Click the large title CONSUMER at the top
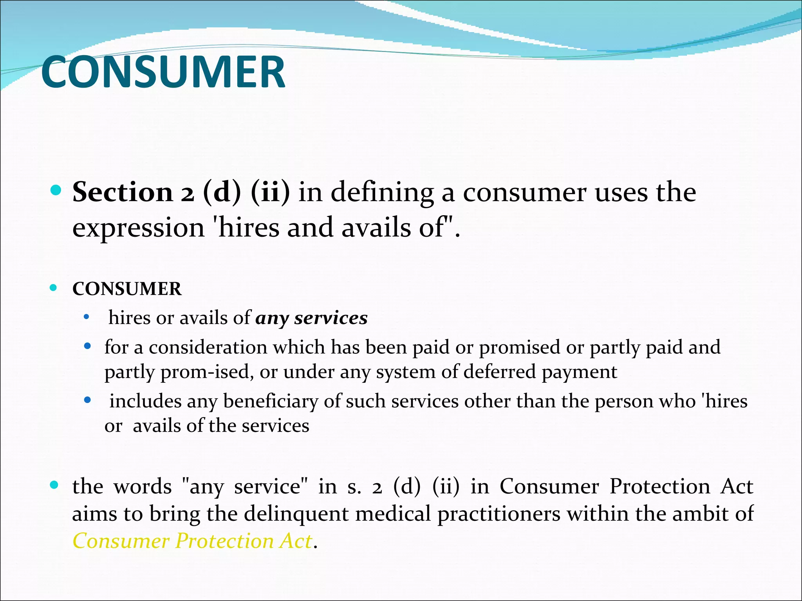[x=163, y=72]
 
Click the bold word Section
[x=123, y=192]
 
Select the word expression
[x=138, y=228]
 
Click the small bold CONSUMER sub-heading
[x=127, y=289]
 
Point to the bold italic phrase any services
[x=311, y=318]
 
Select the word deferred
[x=499, y=372]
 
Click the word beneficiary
[x=271, y=401]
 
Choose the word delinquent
[x=296, y=514]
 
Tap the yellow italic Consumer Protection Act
[x=192, y=541]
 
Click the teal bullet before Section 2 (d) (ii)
[x=56, y=191]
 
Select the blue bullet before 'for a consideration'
[x=88, y=346]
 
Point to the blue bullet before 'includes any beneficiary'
[x=88, y=400]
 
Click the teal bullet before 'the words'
[x=54, y=486]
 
